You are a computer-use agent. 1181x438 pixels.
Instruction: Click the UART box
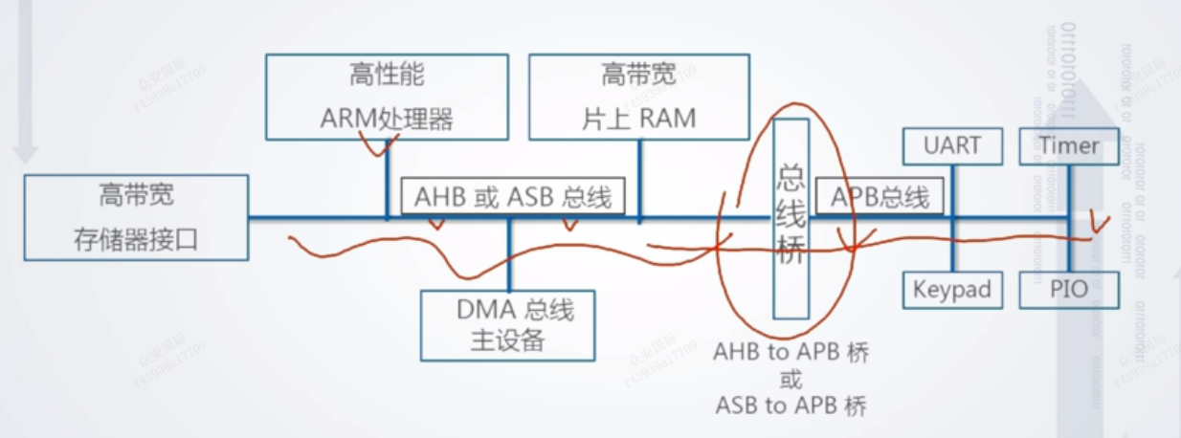point(952,146)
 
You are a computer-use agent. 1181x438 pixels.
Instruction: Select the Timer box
point(1069,146)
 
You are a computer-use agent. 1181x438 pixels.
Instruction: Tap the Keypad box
point(952,290)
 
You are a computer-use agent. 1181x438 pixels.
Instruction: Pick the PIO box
point(1069,290)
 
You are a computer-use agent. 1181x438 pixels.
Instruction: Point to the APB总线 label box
point(880,197)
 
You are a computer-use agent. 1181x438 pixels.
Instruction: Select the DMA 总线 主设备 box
point(508,325)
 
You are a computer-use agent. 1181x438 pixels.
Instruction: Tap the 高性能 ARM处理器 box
point(387,97)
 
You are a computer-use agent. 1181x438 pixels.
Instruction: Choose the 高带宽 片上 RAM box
point(638,97)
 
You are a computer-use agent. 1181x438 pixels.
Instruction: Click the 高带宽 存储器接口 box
point(136,217)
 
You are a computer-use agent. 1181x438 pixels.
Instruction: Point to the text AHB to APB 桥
point(791,352)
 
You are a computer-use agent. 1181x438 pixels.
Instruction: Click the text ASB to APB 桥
point(791,405)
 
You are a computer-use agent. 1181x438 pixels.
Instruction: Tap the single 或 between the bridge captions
point(791,379)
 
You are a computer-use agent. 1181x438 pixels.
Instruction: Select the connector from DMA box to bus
point(509,256)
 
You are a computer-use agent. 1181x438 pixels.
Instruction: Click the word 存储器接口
point(136,238)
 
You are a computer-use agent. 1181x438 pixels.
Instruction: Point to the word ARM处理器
point(387,120)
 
